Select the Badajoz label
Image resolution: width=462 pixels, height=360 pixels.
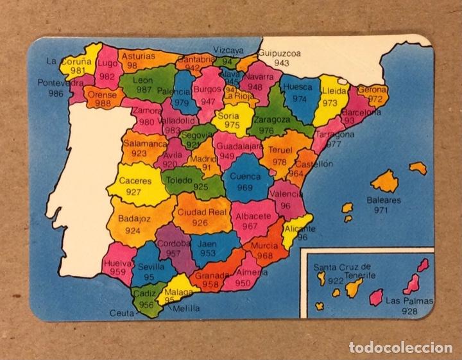coord(133,218)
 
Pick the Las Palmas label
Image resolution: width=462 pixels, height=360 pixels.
coord(409,300)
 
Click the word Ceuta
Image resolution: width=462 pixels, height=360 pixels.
coord(122,313)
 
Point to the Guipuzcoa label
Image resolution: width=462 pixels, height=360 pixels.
coord(281,54)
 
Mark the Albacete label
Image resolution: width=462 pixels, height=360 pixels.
coord(254,216)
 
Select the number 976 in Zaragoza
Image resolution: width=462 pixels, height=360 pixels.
coord(266,130)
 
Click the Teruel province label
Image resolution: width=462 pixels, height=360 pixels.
coord(280,150)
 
